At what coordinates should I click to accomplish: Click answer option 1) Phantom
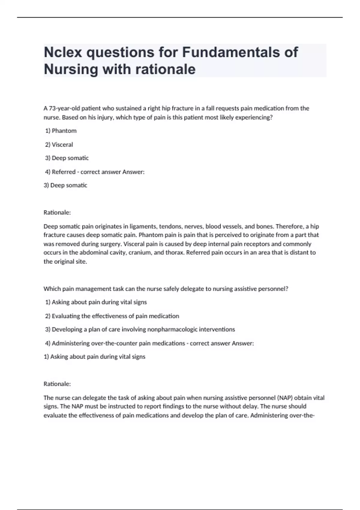pyautogui.click(x=61, y=131)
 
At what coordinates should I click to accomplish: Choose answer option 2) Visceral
pyautogui.click(x=59, y=145)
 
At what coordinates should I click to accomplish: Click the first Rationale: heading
pyautogui.click(x=57, y=212)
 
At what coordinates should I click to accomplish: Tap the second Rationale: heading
pyautogui.click(x=57, y=384)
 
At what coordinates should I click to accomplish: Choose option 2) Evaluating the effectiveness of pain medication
pyautogui.click(x=112, y=316)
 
